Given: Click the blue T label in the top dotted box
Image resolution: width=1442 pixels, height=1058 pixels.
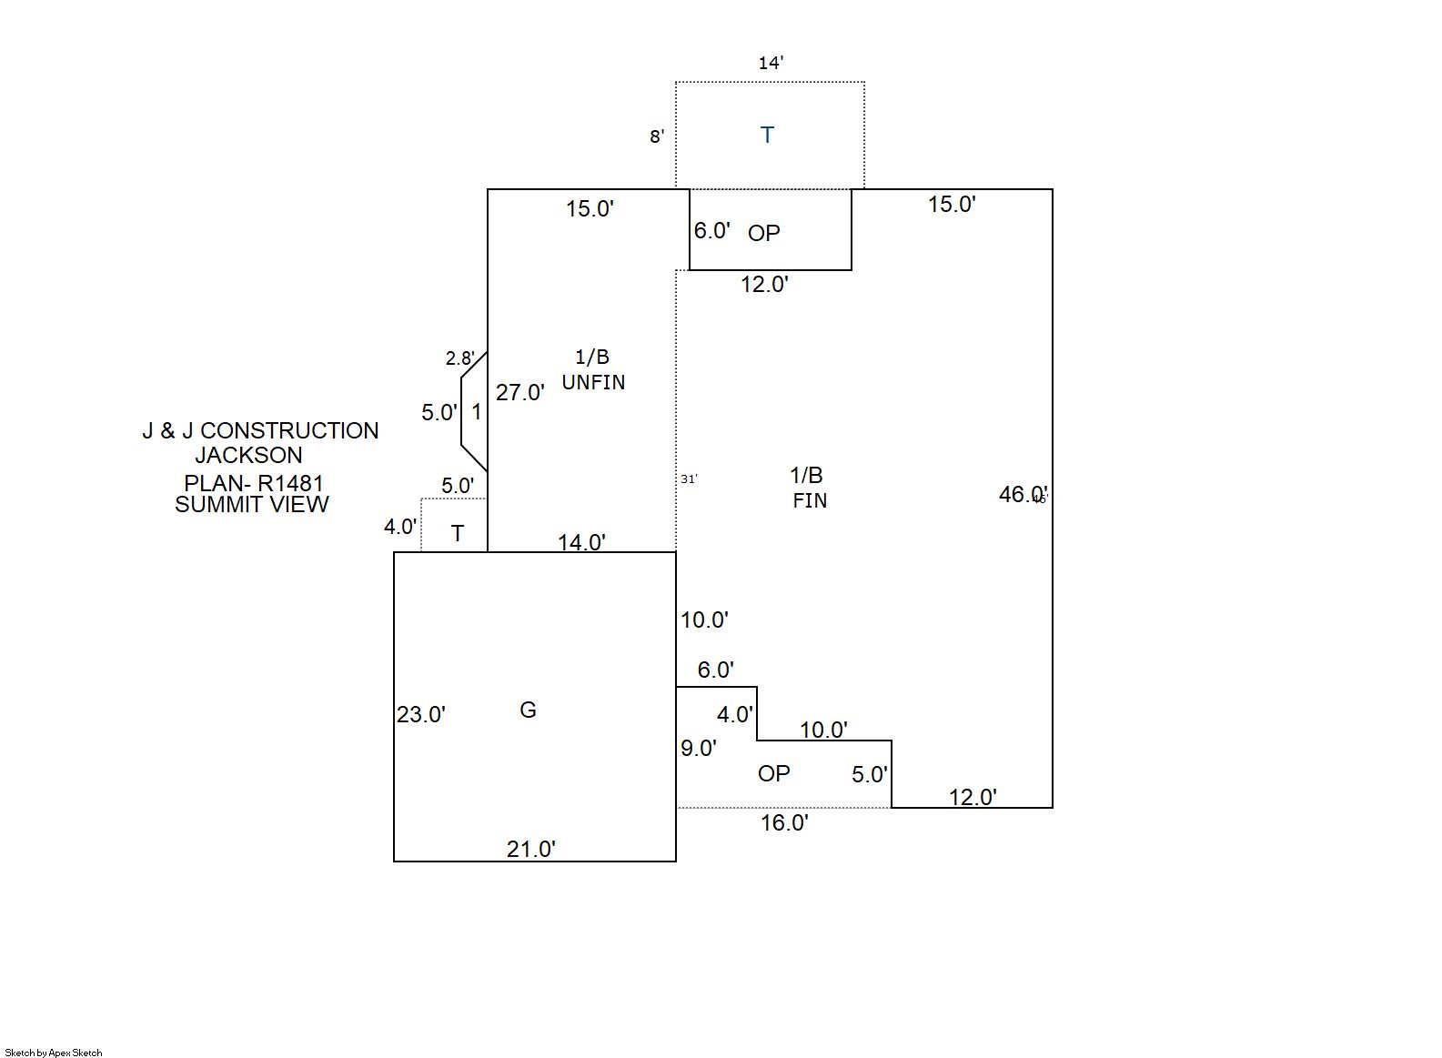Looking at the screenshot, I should tap(767, 136).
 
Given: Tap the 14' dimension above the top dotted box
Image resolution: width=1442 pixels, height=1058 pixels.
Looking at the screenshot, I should tap(771, 63).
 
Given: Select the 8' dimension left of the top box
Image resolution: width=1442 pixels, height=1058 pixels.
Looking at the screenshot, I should tap(657, 136).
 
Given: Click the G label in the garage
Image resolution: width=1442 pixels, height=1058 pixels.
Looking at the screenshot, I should tap(528, 710).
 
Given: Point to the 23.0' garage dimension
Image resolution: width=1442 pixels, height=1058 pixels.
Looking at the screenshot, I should tap(420, 715).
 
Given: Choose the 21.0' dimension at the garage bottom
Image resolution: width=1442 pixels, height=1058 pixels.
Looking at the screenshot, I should tap(531, 849).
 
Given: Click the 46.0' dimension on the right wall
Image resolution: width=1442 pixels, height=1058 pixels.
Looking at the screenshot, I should tap(1023, 494).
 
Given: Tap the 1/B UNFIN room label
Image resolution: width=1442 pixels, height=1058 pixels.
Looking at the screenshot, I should tap(593, 370).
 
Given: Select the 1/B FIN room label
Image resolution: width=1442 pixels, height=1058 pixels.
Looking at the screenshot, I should tap(808, 488).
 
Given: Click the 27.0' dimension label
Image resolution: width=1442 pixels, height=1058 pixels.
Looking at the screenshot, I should tap(520, 392).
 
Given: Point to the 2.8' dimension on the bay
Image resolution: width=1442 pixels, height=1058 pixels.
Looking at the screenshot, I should tap(459, 358).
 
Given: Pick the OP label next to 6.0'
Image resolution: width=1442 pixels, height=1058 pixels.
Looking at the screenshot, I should tap(764, 234).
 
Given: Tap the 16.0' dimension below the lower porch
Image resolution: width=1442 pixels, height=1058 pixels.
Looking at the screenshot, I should tap(784, 822).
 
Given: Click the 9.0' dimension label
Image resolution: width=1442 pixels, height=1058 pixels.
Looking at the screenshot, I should tap(699, 748).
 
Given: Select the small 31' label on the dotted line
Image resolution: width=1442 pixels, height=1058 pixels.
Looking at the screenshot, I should tap(689, 479).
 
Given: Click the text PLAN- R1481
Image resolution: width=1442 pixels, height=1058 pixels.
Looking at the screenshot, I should tap(254, 483).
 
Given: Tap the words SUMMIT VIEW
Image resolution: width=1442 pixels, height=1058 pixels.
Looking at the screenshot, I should tap(252, 505).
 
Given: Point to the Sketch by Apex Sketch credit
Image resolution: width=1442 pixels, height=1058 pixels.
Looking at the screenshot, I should tap(54, 1053).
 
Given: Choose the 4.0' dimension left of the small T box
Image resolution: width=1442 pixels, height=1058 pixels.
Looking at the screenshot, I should tap(400, 527).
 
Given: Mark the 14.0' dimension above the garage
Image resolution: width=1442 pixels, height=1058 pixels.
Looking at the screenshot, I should tap(581, 542).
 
